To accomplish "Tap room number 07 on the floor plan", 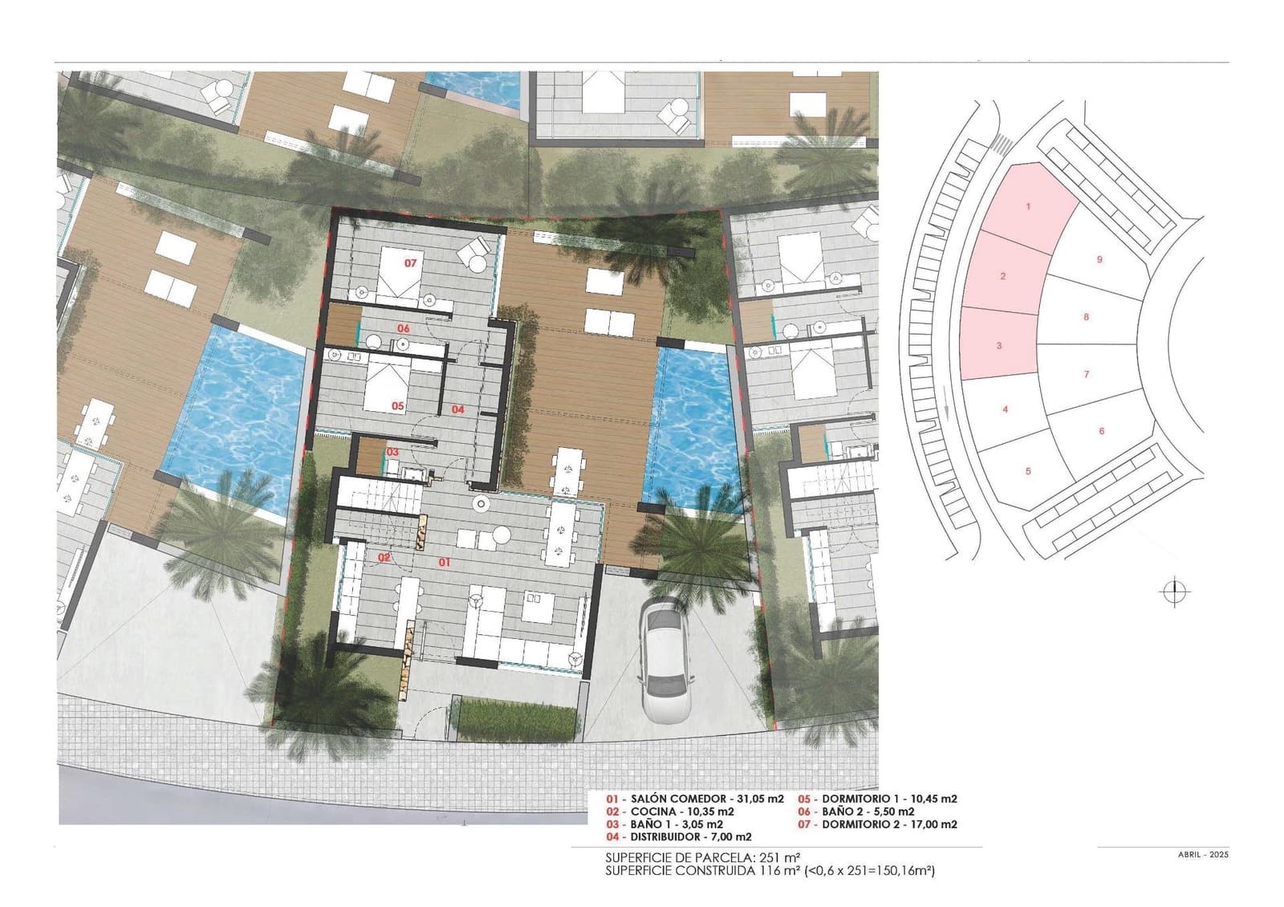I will [x=411, y=262].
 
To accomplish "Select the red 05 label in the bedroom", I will [x=398, y=406].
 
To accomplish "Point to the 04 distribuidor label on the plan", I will [x=458, y=409].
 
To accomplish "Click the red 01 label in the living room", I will [x=444, y=563].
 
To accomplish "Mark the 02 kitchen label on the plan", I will [x=384, y=556].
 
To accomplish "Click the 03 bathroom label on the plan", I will [x=392, y=452].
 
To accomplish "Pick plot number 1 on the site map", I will [x=1028, y=206].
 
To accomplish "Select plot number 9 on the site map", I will [x=1099, y=259].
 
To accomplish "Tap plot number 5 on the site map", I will [x=1028, y=471].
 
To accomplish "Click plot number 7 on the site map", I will [x=1087, y=374].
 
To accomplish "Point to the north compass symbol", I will [x=1175, y=592].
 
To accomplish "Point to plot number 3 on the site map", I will [x=999, y=346].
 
